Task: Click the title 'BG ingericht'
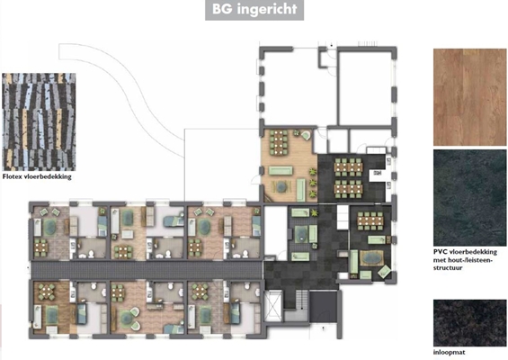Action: (x=254, y=9)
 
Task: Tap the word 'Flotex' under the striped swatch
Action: (x=13, y=176)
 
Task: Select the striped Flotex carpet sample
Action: (x=39, y=121)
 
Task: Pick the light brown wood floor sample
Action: (x=469, y=97)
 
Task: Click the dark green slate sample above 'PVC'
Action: (x=469, y=198)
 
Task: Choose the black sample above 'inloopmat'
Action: (x=469, y=323)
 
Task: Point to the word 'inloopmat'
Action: (x=449, y=352)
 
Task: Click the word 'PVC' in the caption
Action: (x=440, y=252)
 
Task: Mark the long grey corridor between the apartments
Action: (x=147, y=270)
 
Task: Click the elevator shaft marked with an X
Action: (x=273, y=306)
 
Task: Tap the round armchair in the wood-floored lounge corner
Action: (x=306, y=135)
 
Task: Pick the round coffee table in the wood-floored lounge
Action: (x=281, y=186)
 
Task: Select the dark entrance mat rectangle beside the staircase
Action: (x=323, y=306)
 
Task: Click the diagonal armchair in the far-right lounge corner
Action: (x=385, y=272)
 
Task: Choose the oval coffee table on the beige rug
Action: (x=371, y=258)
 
